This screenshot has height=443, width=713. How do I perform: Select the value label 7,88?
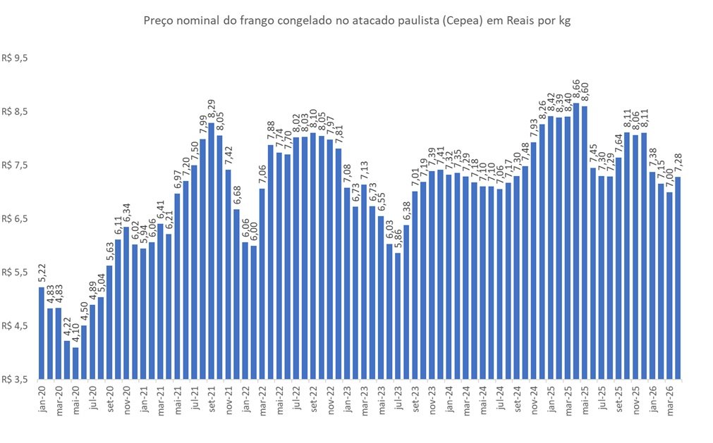point(270,132)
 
